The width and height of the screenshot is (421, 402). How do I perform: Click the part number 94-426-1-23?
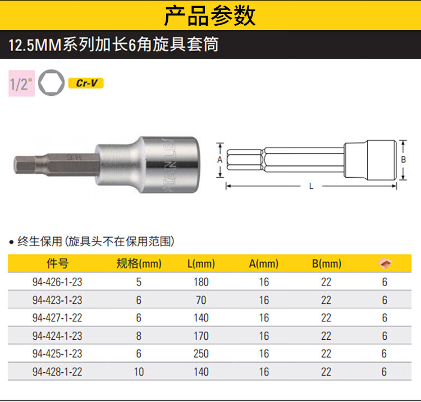click(x=57, y=282)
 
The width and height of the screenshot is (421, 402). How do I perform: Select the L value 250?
click(x=201, y=353)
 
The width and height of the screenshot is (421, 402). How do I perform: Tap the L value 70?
click(x=201, y=300)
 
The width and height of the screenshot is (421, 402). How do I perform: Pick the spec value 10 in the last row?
click(x=139, y=372)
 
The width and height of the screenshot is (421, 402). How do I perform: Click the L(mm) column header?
click(x=201, y=264)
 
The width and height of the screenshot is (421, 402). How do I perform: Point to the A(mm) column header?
click(x=264, y=264)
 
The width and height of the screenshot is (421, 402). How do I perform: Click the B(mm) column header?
click(x=327, y=264)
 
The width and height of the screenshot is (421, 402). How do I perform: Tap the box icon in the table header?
click(x=385, y=263)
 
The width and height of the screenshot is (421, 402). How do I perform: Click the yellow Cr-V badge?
click(x=86, y=83)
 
